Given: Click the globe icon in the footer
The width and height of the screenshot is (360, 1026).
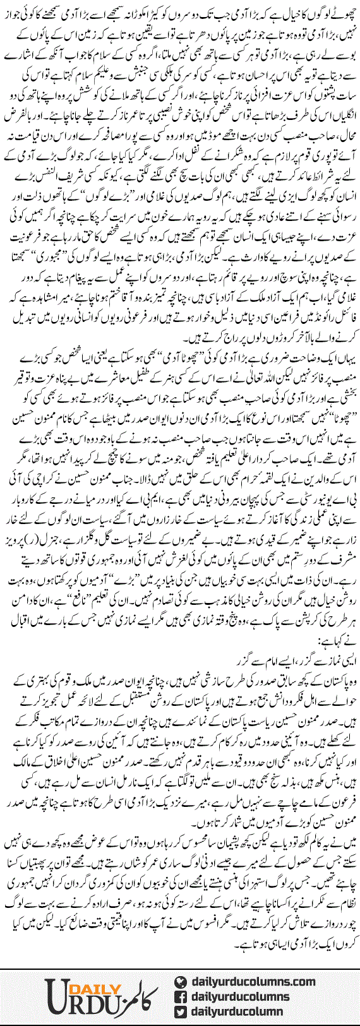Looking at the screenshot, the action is [x=181, y=981].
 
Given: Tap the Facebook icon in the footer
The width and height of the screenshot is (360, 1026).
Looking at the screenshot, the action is [x=181, y=996].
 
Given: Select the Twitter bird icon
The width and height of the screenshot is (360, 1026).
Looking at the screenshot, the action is [x=181, y=1011].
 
